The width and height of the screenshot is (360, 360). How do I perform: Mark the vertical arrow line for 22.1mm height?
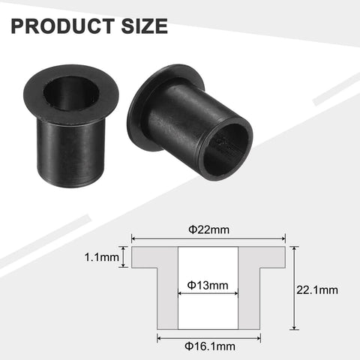pos(293,289)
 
